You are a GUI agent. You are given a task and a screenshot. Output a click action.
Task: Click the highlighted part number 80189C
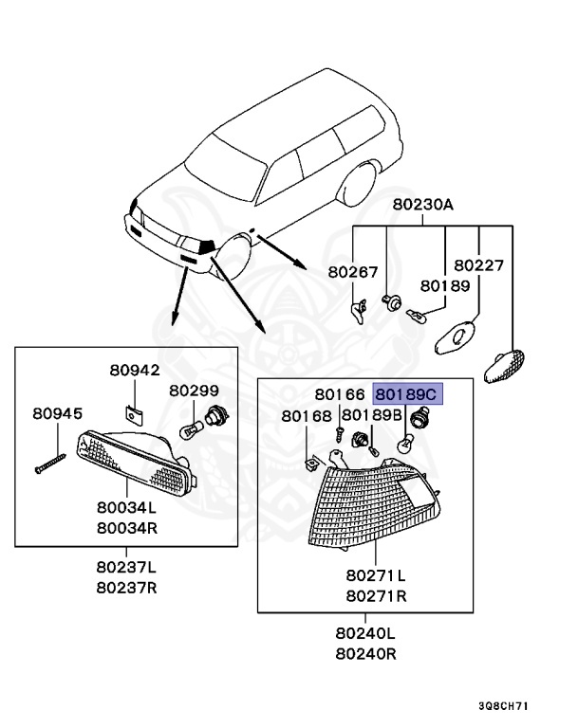click(x=405, y=394)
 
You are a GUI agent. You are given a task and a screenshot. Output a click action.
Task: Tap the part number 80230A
click(x=422, y=205)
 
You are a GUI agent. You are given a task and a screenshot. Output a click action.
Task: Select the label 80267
click(x=353, y=272)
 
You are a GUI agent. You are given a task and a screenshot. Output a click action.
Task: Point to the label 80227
click(x=478, y=265)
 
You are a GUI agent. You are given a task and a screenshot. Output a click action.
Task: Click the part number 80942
click(x=135, y=370)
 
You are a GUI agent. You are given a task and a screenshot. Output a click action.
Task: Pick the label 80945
click(x=57, y=413)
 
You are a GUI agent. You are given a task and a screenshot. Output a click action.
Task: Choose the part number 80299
click(x=194, y=391)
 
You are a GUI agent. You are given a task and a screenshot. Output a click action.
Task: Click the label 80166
click(x=340, y=394)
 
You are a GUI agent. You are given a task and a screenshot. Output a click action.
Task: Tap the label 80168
click(x=307, y=416)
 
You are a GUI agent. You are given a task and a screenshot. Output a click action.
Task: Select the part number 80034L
click(x=126, y=507)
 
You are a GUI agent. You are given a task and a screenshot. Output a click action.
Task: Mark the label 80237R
click(x=126, y=588)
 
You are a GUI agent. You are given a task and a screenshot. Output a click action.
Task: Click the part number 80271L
click(x=376, y=575)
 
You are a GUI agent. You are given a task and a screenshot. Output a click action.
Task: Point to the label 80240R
click(x=365, y=654)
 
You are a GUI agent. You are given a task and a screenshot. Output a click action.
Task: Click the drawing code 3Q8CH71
click(x=504, y=706)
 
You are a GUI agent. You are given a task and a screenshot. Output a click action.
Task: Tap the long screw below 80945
click(x=50, y=464)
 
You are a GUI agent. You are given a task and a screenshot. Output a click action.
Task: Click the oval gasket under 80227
click(x=456, y=337)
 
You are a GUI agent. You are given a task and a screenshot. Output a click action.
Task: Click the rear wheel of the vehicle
click(x=357, y=184)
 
